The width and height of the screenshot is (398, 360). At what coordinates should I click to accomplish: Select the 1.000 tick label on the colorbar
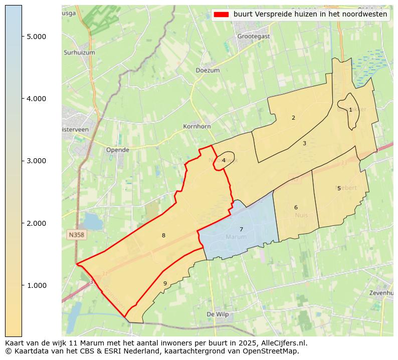click(36, 285)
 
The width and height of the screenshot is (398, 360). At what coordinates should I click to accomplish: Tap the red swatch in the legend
click(221, 15)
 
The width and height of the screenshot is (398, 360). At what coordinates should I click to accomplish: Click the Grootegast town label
click(253, 36)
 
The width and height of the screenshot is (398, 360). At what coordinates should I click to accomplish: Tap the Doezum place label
click(208, 71)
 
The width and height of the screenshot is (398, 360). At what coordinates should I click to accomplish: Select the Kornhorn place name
click(197, 127)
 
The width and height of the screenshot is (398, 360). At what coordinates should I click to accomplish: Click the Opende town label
click(117, 150)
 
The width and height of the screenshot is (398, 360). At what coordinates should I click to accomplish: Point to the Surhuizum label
click(79, 52)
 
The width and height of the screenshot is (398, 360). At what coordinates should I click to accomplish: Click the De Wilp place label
click(218, 314)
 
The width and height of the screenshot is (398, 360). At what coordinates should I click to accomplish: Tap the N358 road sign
click(76, 234)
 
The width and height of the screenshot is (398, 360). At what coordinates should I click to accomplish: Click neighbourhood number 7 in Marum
click(241, 230)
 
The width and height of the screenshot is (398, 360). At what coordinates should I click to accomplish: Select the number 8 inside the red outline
click(163, 235)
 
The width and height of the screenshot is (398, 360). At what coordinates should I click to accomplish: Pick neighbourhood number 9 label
click(165, 283)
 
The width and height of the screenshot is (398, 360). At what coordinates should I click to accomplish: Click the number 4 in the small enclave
click(224, 160)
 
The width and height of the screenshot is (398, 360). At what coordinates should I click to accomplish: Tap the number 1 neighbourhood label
click(350, 110)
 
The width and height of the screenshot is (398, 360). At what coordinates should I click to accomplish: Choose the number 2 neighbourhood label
click(293, 118)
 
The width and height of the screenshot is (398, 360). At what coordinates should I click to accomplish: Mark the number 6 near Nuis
click(296, 207)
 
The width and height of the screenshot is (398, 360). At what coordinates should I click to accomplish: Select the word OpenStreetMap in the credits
click(273, 351)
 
